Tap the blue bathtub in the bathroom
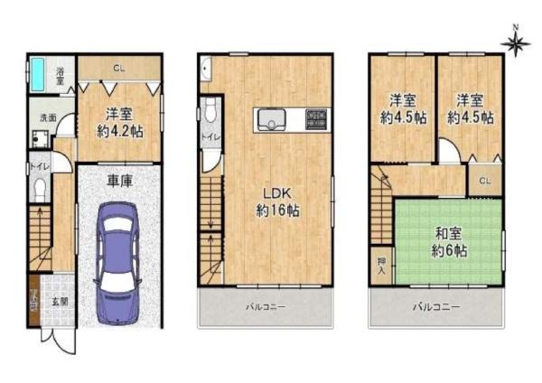click(40, 71)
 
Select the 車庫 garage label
click(120, 181)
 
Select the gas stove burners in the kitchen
click(317, 118)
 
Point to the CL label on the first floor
click(118, 67)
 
